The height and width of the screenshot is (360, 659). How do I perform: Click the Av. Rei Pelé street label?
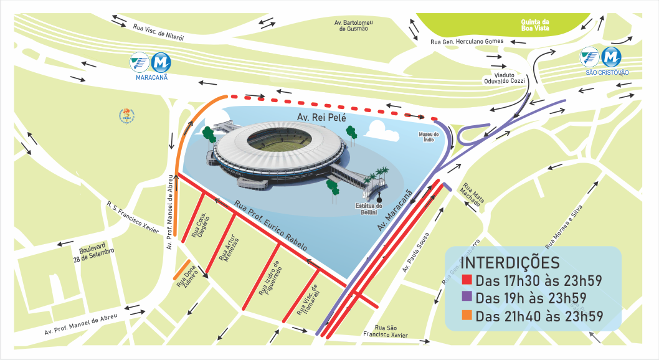pyautogui.click(x=321, y=116)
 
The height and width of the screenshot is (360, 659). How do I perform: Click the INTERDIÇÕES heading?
pyautogui.click(x=512, y=261)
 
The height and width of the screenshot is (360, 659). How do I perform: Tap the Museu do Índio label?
pyautogui.click(x=429, y=137)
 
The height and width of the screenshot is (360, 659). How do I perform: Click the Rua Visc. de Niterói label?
pyautogui.click(x=158, y=32)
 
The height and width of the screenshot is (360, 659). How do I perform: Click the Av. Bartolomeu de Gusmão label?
pyautogui.click(x=353, y=25)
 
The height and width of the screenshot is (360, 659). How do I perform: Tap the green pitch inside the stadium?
pyautogui.click(x=278, y=140)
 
